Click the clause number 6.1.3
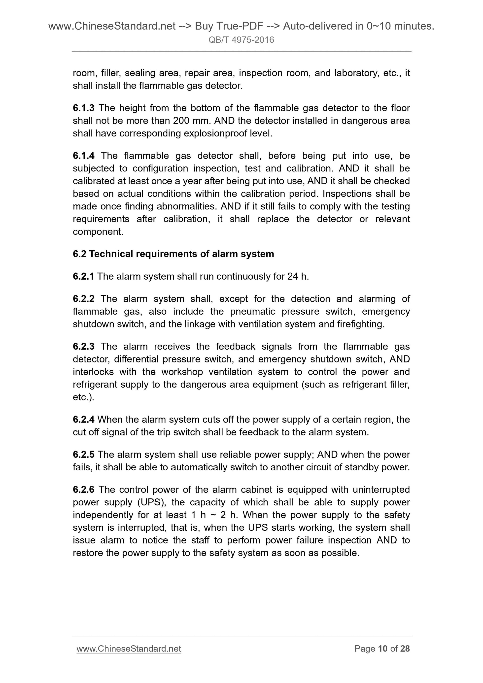click(84, 108)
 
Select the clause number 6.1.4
click(84, 155)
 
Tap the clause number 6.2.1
click(83, 276)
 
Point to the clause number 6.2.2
click(84, 299)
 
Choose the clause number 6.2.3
click(84, 346)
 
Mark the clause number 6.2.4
click(84, 420)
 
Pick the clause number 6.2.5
click(84, 454)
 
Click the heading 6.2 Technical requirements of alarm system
click(173, 254)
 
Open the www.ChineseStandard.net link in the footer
click(129, 649)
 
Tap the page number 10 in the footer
click(382, 649)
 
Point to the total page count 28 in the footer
click(405, 649)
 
